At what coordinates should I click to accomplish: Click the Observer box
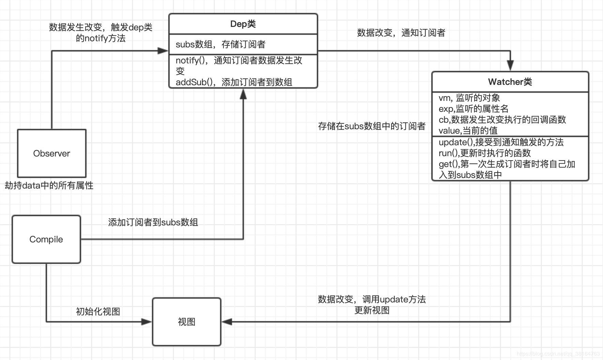coord(52,153)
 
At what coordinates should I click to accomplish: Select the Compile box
coord(46,239)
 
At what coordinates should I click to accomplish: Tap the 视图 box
coord(187,322)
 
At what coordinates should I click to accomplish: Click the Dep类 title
coord(243,24)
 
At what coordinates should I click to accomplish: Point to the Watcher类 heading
coord(510,82)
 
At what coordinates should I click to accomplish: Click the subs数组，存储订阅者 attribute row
coord(220,44)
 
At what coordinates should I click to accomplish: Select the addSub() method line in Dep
coord(234,82)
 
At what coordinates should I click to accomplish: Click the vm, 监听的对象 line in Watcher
coord(469,98)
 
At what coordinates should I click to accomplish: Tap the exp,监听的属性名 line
coord(474,109)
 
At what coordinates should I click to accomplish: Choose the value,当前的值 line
coord(468,131)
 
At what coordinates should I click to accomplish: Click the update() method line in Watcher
coord(501,142)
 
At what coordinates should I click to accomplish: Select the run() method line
coord(485,153)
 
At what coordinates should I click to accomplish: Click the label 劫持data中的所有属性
coord(49,185)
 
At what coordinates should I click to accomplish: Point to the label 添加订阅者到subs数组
coord(153,222)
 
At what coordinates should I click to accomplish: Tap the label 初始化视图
coord(98,311)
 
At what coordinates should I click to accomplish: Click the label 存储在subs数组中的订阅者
coord(372,126)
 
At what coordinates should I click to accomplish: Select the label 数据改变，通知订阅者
coord(401,33)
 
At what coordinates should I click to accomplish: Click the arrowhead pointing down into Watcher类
coord(510,65)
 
